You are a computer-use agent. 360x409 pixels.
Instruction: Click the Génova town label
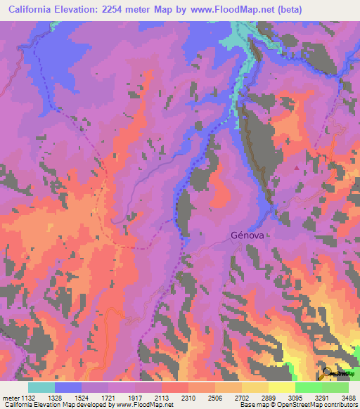pyautogui.click(x=247, y=236)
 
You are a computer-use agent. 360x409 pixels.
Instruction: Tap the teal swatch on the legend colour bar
pyautogui.click(x=41, y=387)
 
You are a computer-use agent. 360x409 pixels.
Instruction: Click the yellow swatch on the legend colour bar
pyautogui.click(x=282, y=387)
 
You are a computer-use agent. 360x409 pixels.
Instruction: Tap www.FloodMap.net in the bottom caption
pyautogui.click(x=144, y=405)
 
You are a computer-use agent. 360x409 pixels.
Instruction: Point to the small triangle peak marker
pyautogui.click(x=296, y=167)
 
